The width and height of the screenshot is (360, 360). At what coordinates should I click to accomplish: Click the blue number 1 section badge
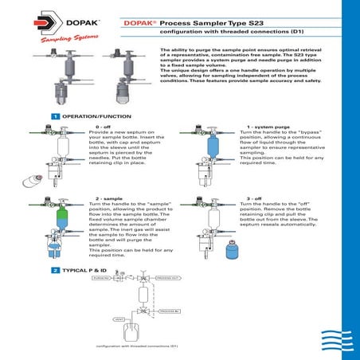pos(54,116)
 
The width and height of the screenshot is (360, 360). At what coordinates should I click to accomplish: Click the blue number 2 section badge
pos(54,272)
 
